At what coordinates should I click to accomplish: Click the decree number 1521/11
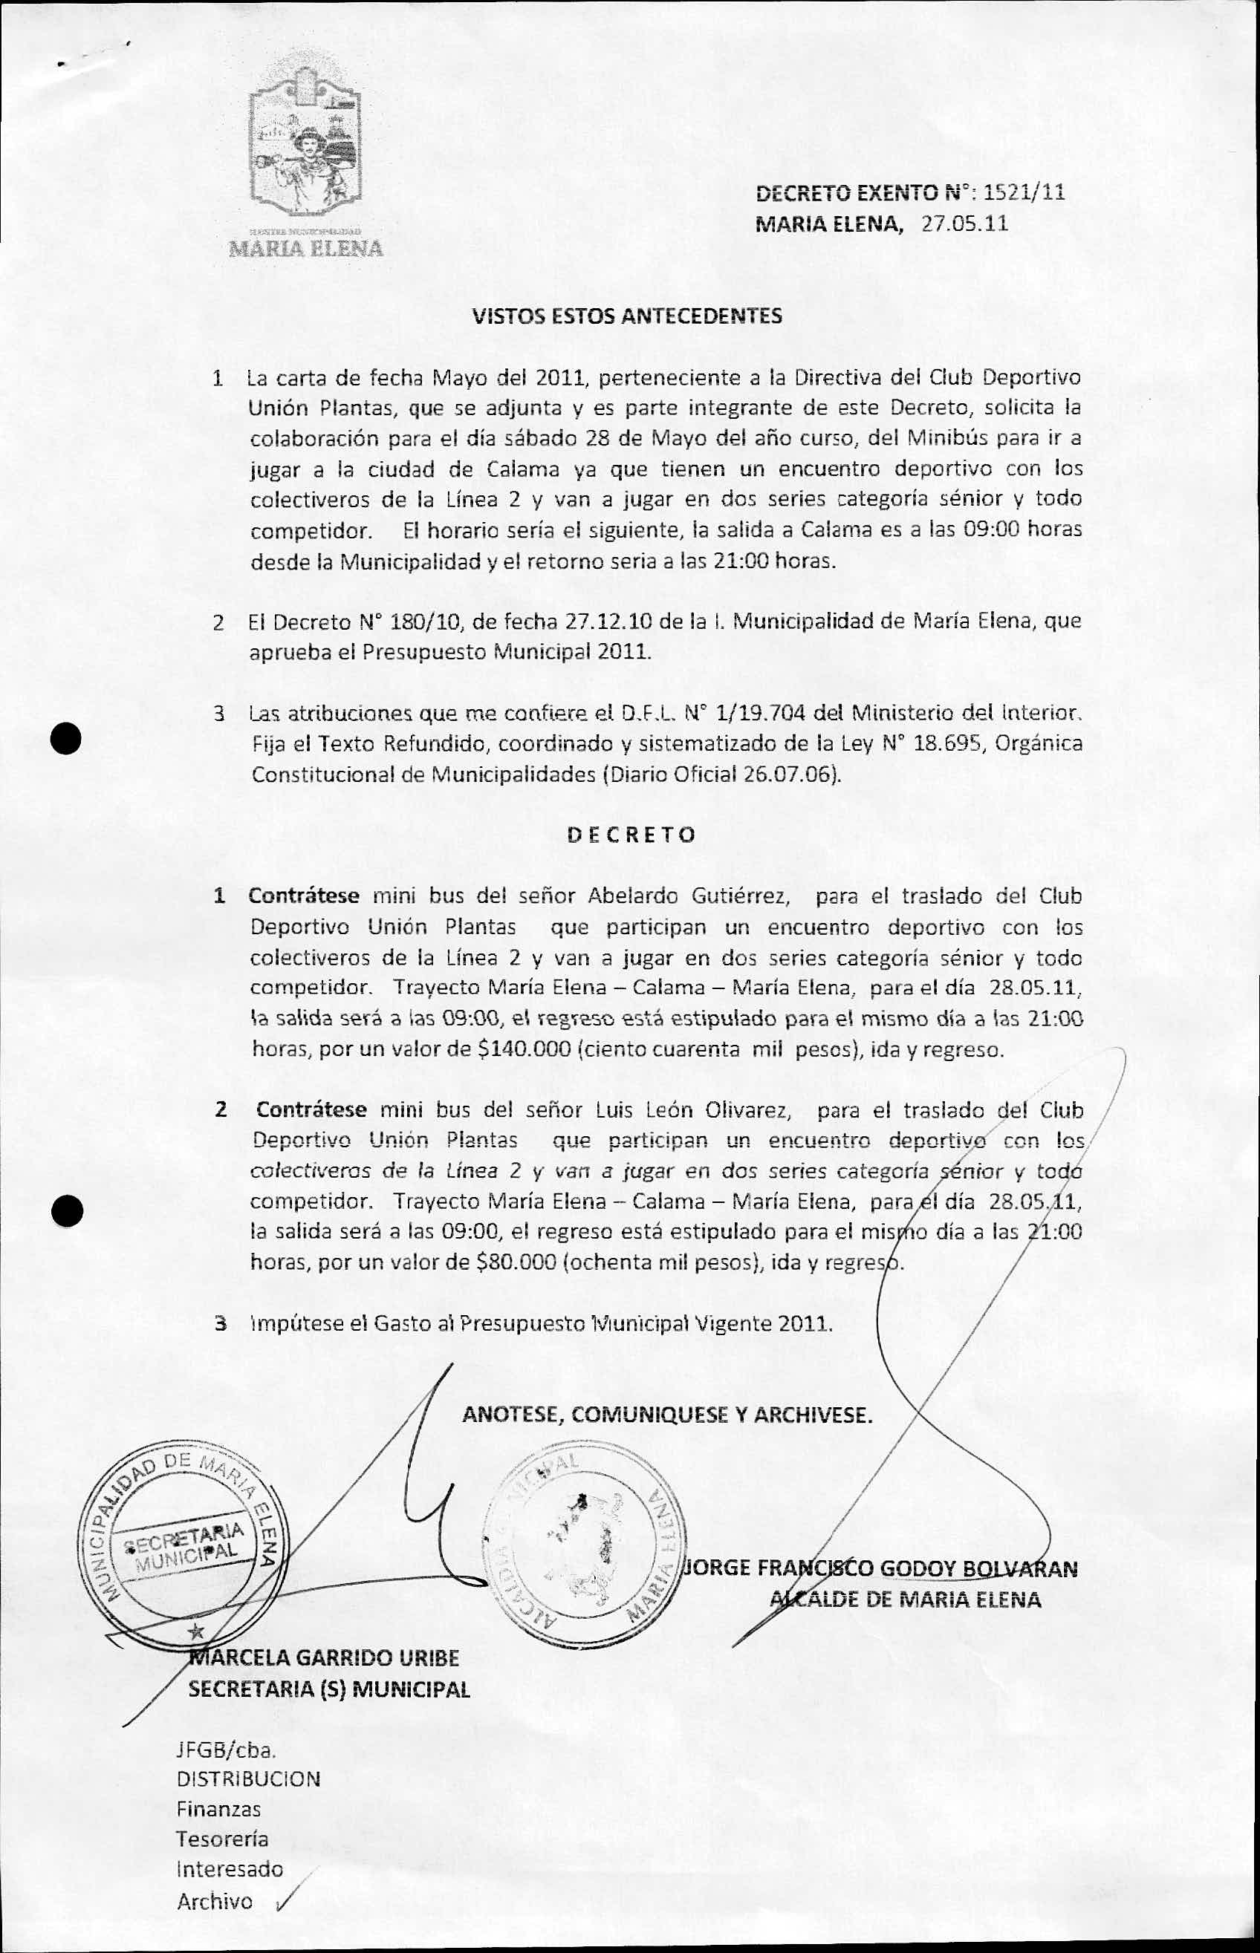(x=1023, y=193)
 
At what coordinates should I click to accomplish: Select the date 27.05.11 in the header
(x=964, y=224)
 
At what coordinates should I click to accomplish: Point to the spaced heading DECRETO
(x=631, y=834)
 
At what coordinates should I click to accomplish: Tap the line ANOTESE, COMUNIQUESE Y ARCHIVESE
(x=667, y=1414)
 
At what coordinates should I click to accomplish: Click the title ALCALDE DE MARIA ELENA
(x=905, y=1599)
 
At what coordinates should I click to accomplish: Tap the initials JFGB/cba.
(x=225, y=1751)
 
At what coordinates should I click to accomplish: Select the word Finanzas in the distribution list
(x=218, y=1809)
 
